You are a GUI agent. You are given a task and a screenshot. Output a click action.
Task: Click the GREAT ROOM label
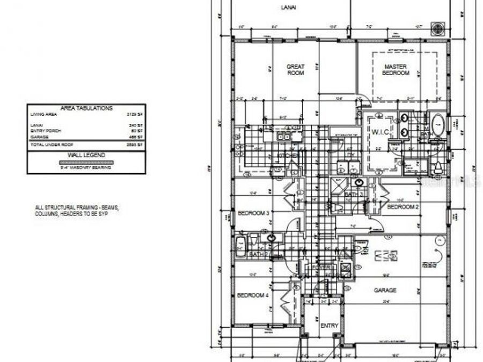point(295,70)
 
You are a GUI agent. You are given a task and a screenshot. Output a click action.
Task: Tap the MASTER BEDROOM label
point(396,70)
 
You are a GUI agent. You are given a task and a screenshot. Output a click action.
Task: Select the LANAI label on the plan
point(289,8)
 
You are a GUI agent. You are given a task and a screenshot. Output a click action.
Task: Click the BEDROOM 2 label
point(402,206)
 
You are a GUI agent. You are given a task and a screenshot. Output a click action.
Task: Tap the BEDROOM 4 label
point(253,295)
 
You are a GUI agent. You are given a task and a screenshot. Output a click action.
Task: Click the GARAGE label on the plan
point(385,290)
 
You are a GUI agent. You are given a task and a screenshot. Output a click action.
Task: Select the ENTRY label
point(329,326)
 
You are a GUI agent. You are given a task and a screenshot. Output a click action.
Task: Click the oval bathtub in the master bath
point(437,125)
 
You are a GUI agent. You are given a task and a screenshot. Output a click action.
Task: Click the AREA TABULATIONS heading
point(86,108)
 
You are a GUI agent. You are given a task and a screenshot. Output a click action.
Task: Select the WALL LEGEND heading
point(86,155)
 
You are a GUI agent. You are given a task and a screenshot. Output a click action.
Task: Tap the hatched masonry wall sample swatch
point(86,161)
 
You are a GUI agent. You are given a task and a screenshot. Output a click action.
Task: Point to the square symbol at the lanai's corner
point(437,28)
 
